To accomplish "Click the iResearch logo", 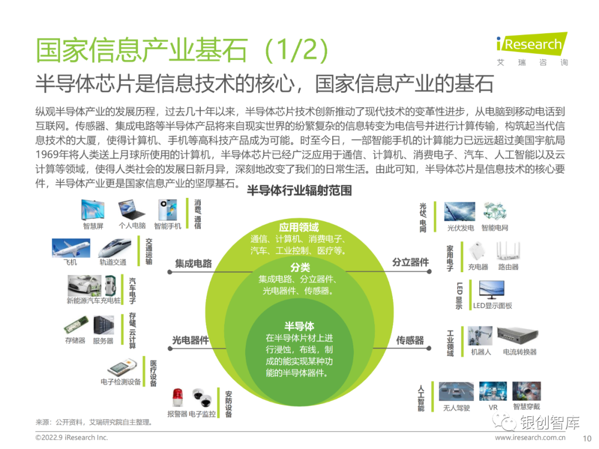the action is pos(532,49).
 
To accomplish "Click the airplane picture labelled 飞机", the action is pos(71,248).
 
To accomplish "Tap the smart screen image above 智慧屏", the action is pos(93,210).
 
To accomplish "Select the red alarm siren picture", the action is pos(177,398).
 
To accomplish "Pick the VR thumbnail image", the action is pos(493,391).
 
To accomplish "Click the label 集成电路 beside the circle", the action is pos(194,263).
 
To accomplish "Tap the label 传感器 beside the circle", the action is pos(410,340).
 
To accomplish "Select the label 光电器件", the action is pos(190,340).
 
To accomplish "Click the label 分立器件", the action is pos(410,262).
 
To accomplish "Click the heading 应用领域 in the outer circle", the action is pos(299,228).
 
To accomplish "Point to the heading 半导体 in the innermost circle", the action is pos(299,326).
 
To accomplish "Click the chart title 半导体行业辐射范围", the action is pos(299,191).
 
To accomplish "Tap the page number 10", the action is pos(587,438).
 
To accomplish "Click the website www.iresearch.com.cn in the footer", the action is pos(530,437).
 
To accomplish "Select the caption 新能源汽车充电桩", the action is pos(94,301).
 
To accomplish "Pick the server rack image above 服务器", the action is pos(104,325).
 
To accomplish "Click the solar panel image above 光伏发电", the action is pos(460,212).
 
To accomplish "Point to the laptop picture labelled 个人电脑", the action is pos(131,209).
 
